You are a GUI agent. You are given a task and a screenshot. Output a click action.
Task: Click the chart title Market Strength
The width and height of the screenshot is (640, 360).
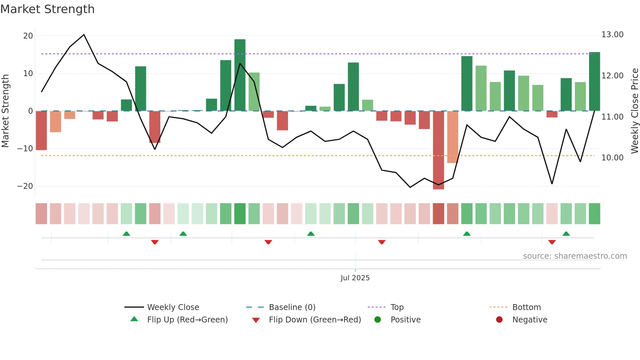tap(47, 9)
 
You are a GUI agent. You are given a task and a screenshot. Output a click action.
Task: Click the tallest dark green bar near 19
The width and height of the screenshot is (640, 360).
tap(240, 75)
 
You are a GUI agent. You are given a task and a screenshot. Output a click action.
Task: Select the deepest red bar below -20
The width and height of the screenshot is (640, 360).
tap(438, 150)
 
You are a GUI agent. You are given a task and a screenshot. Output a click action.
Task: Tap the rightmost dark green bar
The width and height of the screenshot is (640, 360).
tap(594, 82)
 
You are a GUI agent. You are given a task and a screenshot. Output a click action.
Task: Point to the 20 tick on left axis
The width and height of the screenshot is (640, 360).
tap(28, 36)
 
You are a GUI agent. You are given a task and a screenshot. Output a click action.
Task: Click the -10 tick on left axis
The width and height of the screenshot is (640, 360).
tap(25, 149)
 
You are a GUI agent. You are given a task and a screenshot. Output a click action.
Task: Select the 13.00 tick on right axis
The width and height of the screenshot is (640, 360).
tap(612, 35)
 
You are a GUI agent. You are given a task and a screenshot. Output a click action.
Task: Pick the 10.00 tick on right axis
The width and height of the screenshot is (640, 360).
tap(612, 158)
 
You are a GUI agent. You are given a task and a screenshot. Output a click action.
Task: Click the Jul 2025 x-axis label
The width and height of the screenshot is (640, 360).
tap(355, 278)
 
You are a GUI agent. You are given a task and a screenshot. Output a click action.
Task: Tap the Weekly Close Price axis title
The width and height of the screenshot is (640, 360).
tap(634, 111)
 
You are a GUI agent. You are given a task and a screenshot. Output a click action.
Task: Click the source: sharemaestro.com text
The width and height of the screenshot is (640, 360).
tap(575, 256)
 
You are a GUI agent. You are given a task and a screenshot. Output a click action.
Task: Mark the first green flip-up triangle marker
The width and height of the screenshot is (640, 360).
tap(126, 234)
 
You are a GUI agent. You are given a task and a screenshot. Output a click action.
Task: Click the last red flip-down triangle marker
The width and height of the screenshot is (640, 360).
tap(552, 242)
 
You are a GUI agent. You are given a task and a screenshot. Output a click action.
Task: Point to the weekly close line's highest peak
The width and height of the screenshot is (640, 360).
tap(84, 35)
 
